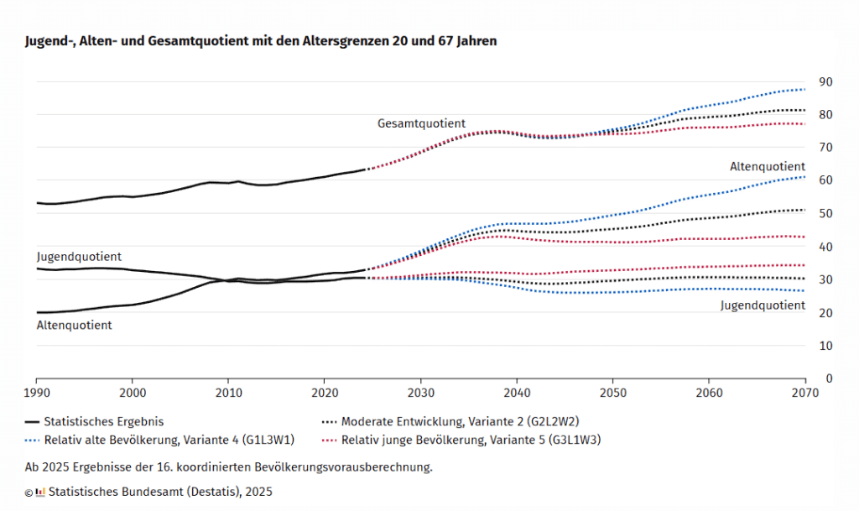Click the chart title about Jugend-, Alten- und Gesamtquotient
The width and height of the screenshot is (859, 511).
[x=261, y=41]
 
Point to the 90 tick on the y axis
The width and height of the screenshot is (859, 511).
[x=826, y=81]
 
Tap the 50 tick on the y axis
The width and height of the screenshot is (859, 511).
[x=826, y=213]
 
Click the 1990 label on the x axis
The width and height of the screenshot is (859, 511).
[x=36, y=393]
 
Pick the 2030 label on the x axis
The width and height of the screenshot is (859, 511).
[x=420, y=393]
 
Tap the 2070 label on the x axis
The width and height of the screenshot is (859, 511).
[x=804, y=393]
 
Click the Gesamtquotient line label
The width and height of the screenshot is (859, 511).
[x=421, y=123]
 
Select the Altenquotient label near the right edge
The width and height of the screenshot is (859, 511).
[x=767, y=167]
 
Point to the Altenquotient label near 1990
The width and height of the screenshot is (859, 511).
[x=74, y=325]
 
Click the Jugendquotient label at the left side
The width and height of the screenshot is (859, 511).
[x=79, y=256]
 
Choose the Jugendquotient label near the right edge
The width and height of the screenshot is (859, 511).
[x=763, y=305]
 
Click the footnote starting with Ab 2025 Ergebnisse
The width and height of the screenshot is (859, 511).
[x=228, y=466]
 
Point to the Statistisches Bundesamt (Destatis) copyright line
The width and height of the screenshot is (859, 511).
[x=160, y=492]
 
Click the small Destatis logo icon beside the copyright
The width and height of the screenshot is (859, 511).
[x=40, y=492]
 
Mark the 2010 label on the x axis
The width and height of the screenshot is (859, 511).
[x=228, y=393]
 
